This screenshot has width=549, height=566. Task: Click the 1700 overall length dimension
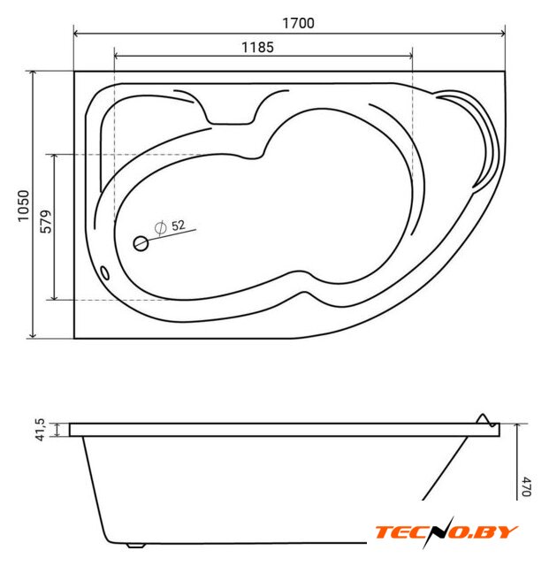[298, 24]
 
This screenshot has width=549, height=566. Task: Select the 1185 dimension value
[257, 47]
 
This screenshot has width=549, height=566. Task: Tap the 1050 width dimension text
[24, 206]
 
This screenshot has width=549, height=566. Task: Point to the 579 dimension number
[46, 222]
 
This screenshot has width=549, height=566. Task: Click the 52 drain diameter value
[179, 226]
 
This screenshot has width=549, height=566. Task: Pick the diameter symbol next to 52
[160, 228]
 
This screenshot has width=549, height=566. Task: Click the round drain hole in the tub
[141, 244]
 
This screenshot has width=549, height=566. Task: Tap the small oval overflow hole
[104, 273]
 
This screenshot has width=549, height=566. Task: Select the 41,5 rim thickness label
[41, 430]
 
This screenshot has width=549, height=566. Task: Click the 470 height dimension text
[527, 486]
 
